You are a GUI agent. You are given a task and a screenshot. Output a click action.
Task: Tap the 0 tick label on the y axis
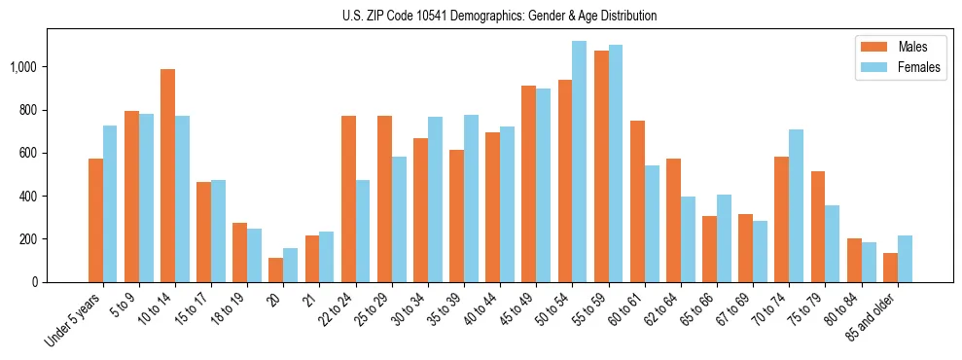click(35, 282)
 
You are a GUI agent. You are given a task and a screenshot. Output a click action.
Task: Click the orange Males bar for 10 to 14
click(167, 175)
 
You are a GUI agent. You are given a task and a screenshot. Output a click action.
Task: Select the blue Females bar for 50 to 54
click(579, 162)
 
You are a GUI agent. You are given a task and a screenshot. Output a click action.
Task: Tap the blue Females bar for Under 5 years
click(110, 203)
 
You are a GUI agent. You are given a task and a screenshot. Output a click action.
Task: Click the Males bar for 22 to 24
click(348, 198)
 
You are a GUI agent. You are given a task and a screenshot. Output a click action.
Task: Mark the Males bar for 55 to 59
click(601, 166)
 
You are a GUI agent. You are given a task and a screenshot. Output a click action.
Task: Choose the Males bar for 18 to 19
click(239, 252)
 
